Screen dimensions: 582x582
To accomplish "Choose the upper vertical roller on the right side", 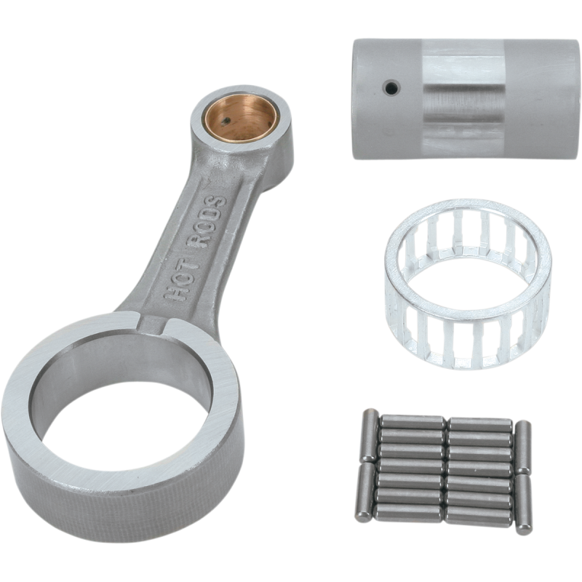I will pos(521,447).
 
